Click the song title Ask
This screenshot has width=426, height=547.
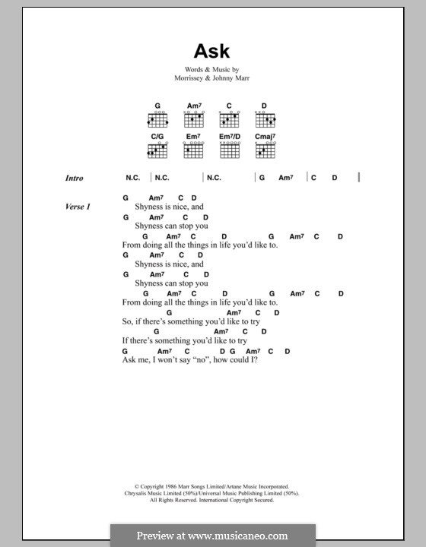pyautogui.click(x=212, y=52)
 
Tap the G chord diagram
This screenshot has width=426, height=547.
pyautogui.click(x=158, y=119)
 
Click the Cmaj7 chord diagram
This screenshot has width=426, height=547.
pyautogui.click(x=264, y=149)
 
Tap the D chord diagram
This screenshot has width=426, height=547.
pyautogui.click(x=264, y=119)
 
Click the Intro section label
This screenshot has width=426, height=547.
pyautogui.click(x=74, y=179)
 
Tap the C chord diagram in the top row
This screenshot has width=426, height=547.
pyautogui.click(x=228, y=119)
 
